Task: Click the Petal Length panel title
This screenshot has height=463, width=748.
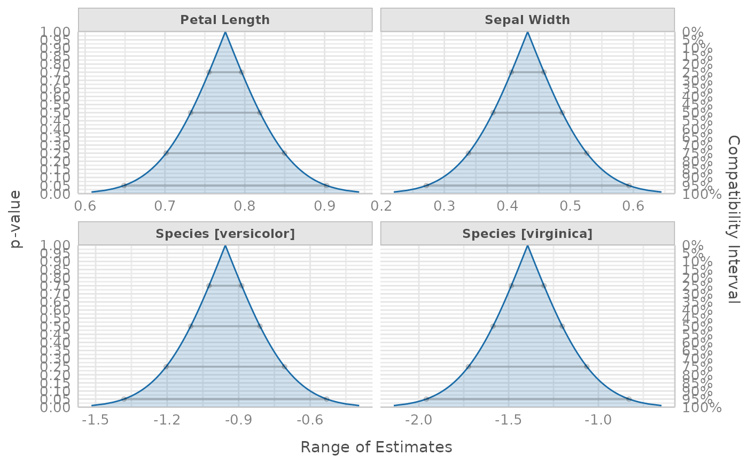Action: [x=225, y=20]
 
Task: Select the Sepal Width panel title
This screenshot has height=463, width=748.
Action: [x=527, y=20]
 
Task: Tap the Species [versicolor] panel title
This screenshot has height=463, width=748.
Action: [x=225, y=234]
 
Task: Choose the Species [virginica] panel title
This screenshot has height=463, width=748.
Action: [x=527, y=234]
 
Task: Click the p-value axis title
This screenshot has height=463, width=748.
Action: [x=17, y=219]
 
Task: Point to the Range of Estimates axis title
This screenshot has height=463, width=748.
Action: [x=376, y=447]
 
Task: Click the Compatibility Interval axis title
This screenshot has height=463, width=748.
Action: [x=734, y=219]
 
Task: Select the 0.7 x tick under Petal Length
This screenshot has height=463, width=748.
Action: [x=165, y=206]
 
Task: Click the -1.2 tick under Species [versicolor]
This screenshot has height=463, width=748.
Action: [x=167, y=420]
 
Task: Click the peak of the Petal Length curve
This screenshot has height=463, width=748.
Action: [x=225, y=32]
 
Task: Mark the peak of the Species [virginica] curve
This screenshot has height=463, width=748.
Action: [x=527, y=246]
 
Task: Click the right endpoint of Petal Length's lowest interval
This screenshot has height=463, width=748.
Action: [x=326, y=186]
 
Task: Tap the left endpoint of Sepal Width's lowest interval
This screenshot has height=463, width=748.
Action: [x=426, y=186]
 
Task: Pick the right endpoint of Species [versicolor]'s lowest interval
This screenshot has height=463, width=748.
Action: [x=326, y=399]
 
